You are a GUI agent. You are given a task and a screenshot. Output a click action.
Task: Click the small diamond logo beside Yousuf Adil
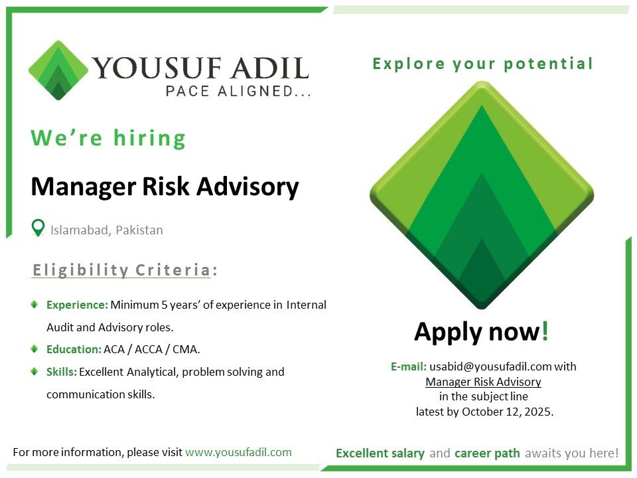click(58, 70)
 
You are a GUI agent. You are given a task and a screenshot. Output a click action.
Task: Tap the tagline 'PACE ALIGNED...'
click(238, 91)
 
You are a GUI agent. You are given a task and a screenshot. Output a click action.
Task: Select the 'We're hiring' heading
click(108, 138)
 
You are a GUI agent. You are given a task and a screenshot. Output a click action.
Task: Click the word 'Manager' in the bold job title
click(84, 187)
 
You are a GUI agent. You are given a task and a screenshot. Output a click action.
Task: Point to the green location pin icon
click(38, 228)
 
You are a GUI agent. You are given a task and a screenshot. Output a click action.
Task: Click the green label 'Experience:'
click(77, 305)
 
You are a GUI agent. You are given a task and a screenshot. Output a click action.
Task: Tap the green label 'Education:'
click(74, 350)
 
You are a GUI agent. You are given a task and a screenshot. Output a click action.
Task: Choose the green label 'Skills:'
click(62, 372)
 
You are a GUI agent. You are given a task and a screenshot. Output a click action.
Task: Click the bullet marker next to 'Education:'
click(35, 349)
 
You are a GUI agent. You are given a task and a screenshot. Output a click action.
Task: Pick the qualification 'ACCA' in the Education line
click(149, 350)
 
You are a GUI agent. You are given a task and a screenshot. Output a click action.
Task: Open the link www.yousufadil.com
click(238, 452)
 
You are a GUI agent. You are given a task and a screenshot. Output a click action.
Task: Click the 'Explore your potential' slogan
click(483, 64)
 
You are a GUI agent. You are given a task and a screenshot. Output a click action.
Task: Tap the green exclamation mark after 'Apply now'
click(545, 330)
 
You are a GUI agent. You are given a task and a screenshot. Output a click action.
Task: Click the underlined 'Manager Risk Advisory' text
click(484, 382)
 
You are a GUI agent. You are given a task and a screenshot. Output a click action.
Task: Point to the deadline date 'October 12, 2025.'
click(508, 412)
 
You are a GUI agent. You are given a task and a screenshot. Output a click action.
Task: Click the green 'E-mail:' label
click(409, 366)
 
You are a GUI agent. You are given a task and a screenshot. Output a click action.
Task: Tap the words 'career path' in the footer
click(487, 453)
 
